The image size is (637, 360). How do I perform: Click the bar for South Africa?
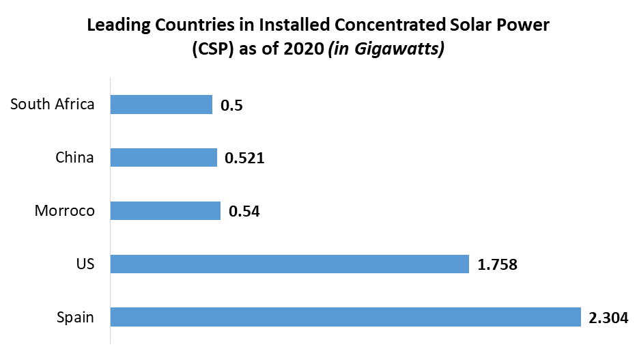[x=161, y=105]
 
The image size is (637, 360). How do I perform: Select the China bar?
[x=163, y=158]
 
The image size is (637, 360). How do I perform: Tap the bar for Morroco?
[x=165, y=210]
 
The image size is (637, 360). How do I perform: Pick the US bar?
[x=289, y=264]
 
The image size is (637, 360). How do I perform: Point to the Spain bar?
[x=345, y=317]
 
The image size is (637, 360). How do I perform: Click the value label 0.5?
[x=232, y=105]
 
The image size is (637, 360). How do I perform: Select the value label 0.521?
[x=244, y=158]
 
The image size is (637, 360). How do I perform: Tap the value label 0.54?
[x=244, y=211]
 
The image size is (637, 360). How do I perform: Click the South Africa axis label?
[x=53, y=105]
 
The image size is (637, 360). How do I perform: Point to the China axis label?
[x=75, y=158]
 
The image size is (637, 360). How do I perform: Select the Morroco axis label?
[x=65, y=211]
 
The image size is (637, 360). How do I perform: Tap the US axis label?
[x=85, y=264]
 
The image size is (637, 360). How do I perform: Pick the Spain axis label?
[x=75, y=318]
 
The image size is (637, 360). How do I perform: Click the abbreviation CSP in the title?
[x=212, y=51]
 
